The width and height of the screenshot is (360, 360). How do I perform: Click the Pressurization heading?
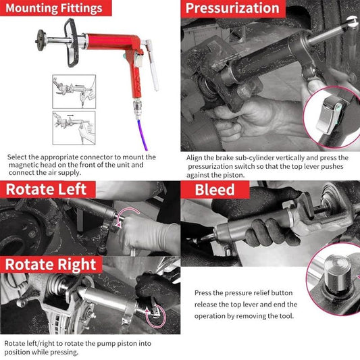click(232, 9)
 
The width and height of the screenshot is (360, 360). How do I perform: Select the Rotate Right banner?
click(51, 264)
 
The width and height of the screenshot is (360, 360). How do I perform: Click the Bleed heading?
click(214, 190)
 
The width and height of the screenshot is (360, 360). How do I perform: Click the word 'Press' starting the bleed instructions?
click(204, 293)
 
